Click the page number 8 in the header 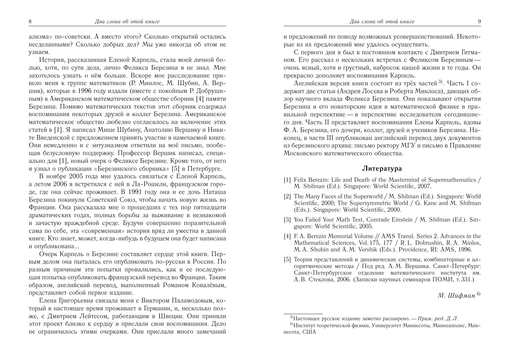click(30, 21)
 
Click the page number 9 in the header click(479, 21)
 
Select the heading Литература click(382, 168)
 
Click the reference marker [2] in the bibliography click(287, 197)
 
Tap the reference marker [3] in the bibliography click(287, 220)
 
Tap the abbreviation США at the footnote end click(309, 332)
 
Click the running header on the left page click(127, 21)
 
